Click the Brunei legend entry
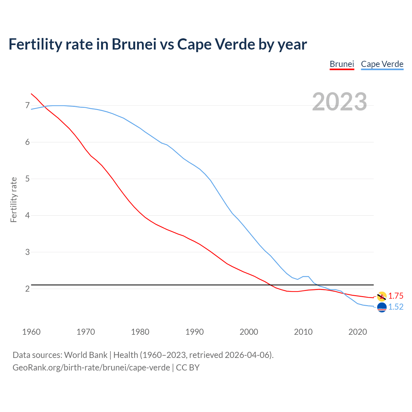tap(342, 64)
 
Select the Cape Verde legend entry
tap(382, 64)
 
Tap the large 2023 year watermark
tap(340, 102)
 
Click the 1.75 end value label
tap(396, 296)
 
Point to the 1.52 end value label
tap(396, 307)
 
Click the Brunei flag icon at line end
tap(382, 296)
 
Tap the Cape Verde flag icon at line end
tap(382, 307)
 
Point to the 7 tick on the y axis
tap(27, 106)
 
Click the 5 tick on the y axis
tap(27, 179)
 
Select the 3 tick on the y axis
tap(27, 252)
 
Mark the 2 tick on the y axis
tap(27, 289)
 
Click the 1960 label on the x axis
tap(31, 332)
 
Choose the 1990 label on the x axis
tap(194, 332)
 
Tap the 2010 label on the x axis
tap(303, 332)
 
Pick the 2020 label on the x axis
tap(358, 332)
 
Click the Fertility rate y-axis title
tap(14, 200)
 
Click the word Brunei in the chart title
tap(134, 44)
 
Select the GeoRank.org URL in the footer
tap(91, 367)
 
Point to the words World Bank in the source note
tap(86, 355)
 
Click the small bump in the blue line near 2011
tap(306, 276)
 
